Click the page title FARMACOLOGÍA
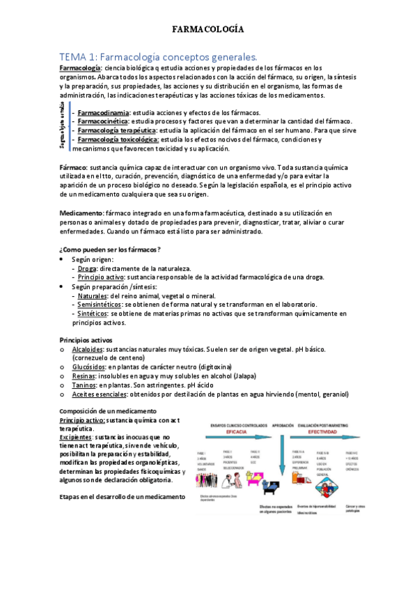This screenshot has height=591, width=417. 208,30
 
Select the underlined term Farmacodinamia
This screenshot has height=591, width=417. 103,112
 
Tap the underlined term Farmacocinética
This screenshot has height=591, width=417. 103,121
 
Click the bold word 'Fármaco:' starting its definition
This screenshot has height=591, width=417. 73,168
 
